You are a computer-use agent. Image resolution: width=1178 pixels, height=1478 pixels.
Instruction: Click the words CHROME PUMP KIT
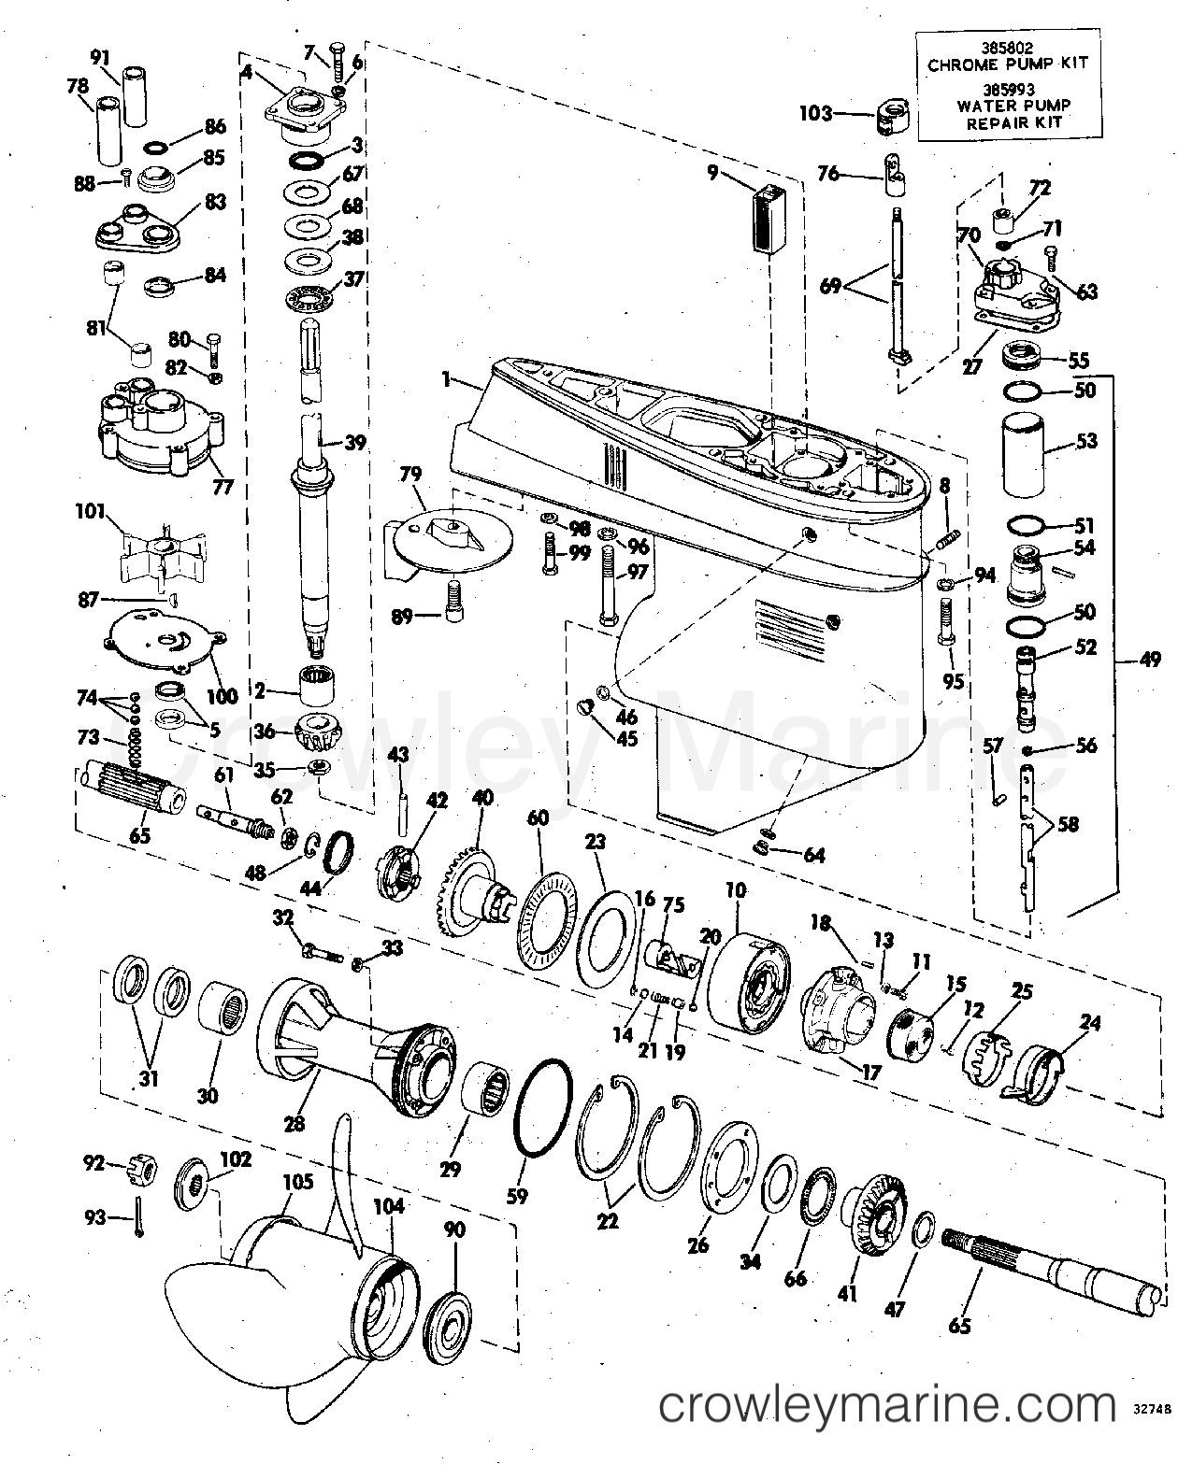pos(1008,64)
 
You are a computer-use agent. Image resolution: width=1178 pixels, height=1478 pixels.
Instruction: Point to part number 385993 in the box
pos(1008,91)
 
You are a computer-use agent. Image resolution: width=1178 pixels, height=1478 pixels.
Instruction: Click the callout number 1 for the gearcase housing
pos(447,379)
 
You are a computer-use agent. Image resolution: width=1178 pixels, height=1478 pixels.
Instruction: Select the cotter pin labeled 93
pos(138,1220)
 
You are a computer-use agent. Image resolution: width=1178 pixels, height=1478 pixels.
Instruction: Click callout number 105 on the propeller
pos(297,1183)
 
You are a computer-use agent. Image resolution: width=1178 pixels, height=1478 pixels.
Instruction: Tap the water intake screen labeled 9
pos(771,220)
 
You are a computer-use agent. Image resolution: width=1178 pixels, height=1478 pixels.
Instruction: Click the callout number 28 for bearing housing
pos(294,1122)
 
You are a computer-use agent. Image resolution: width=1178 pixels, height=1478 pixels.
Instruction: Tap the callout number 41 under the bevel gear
pos(848,1293)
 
